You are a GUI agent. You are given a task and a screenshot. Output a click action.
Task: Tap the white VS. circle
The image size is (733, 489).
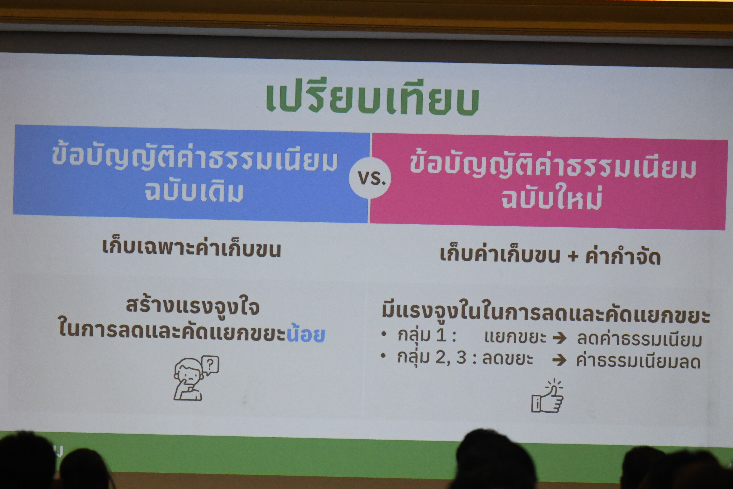coord(370,178)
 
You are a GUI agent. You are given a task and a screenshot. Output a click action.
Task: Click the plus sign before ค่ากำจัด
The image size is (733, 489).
coord(573,256)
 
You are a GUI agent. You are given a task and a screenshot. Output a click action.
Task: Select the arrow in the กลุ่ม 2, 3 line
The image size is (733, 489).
coord(559,360)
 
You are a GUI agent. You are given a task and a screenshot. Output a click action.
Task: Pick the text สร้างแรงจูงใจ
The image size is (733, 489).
coord(193,306)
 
